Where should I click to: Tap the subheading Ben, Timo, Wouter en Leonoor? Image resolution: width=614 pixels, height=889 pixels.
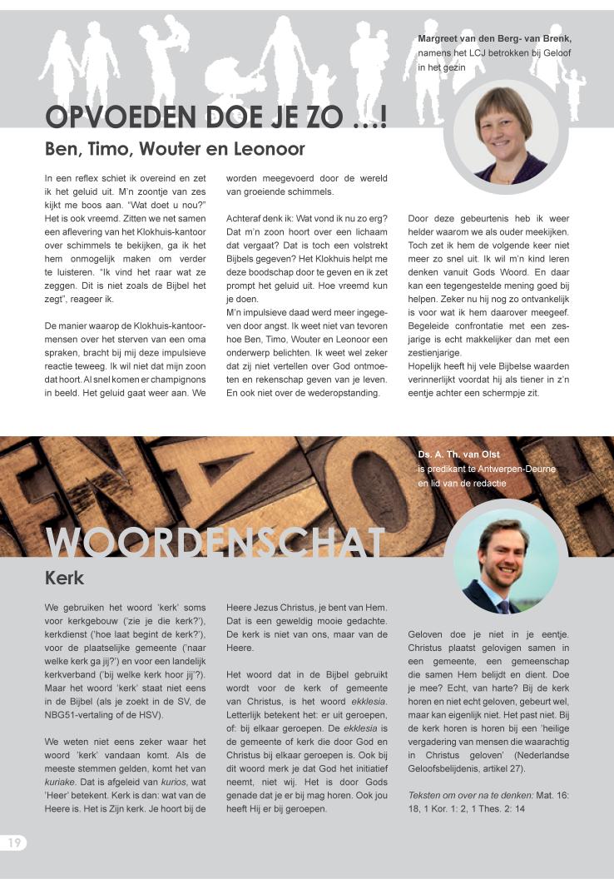(x=175, y=150)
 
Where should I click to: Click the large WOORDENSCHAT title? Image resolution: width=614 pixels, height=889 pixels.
(x=215, y=543)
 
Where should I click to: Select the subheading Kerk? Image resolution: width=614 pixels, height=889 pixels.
(x=64, y=577)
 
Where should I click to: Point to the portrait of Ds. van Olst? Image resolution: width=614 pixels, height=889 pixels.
(x=505, y=556)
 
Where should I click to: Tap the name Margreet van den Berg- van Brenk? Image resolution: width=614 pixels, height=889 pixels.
(x=494, y=38)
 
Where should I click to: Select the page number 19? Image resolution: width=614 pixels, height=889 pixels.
(x=14, y=842)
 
